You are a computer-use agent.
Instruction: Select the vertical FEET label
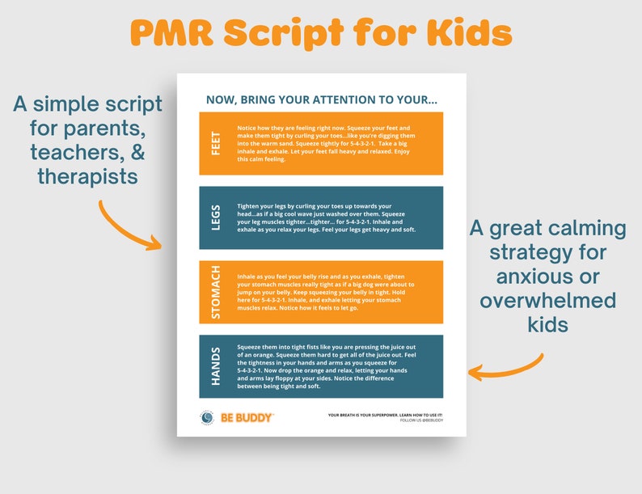pos(216,143)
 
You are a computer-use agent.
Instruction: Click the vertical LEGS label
pos(216,217)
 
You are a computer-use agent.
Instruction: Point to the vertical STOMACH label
pos(216,292)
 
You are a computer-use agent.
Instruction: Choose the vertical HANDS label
pos(216,366)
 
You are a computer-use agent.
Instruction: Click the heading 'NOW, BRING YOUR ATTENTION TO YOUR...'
pos(322,99)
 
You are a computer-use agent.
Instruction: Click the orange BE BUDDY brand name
pos(247,418)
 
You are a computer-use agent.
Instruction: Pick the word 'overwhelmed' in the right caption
pos(547,301)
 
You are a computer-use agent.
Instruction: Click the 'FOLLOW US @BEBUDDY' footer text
pos(421,420)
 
